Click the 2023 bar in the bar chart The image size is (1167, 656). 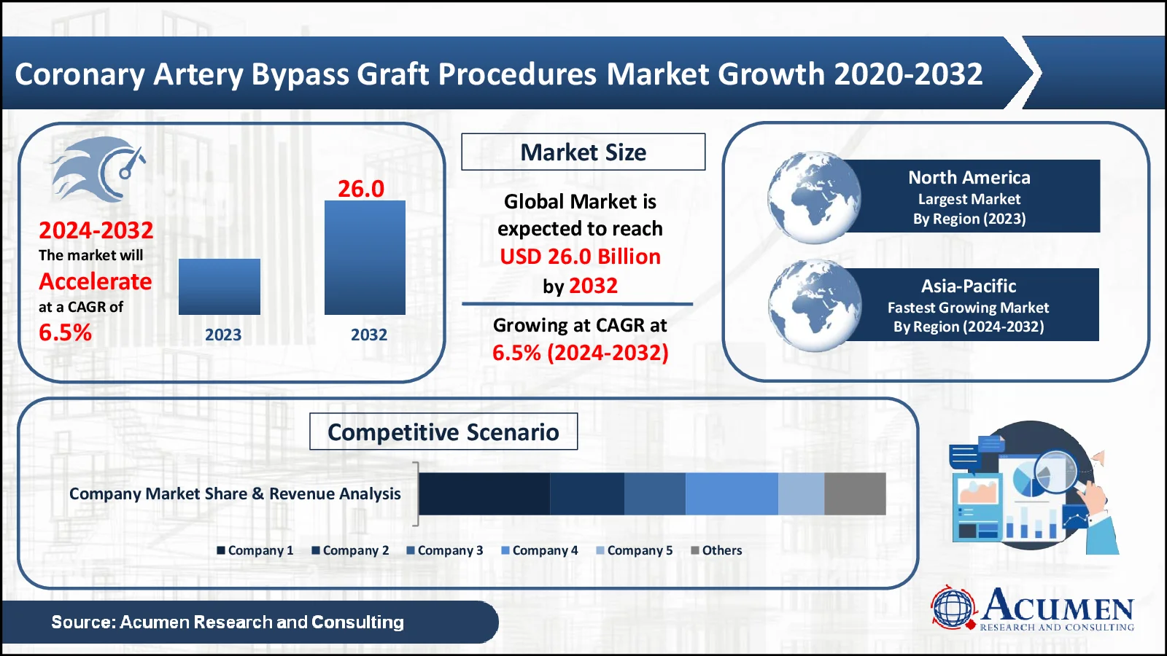pos(219,286)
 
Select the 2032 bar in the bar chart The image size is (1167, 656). pos(365,257)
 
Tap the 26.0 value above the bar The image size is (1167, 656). pos(360,189)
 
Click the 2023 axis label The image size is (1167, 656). pos(222,335)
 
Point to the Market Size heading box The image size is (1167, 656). pos(583,152)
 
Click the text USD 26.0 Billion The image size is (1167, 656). pos(580,257)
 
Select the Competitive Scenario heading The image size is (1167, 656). pos(443,432)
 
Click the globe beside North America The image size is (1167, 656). pos(813,198)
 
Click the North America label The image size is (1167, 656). pos(969,177)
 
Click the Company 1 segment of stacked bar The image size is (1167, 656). pos(484,493)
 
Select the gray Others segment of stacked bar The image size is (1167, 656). pos(855,493)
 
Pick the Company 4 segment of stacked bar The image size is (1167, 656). pos(731,493)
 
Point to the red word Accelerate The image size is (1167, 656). pos(96,281)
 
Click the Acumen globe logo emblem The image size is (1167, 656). pos(953,607)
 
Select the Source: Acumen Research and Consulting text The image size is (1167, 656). pos(228,622)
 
